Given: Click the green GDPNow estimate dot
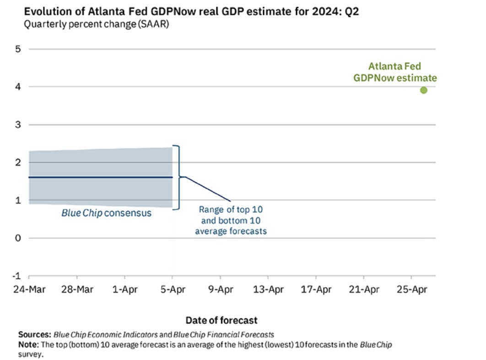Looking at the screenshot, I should pyautogui.click(x=424, y=90).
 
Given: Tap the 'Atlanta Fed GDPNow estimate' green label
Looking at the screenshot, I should pyautogui.click(x=395, y=72).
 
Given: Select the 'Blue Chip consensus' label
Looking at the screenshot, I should pyautogui.click(x=106, y=213).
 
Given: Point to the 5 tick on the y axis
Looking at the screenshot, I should pyautogui.click(x=18, y=49).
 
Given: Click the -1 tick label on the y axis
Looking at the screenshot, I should pyautogui.click(x=17, y=276).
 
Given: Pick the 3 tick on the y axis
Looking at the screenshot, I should pyautogui.click(x=18, y=124).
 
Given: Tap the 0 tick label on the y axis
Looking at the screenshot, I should pyautogui.click(x=18, y=238).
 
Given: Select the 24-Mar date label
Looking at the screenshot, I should pyautogui.click(x=29, y=290).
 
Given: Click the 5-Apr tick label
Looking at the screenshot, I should pyautogui.click(x=172, y=290).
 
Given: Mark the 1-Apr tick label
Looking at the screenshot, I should pyautogui.click(x=124, y=290).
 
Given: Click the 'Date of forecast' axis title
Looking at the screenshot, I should pyautogui.click(x=221, y=320).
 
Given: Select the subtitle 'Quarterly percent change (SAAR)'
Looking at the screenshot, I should pyautogui.click(x=96, y=24).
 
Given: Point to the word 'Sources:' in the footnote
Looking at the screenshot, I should pyautogui.click(x=35, y=334).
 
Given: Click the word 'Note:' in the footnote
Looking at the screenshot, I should pyautogui.click(x=28, y=344).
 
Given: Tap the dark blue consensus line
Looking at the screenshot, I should pyautogui.click(x=101, y=177).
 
